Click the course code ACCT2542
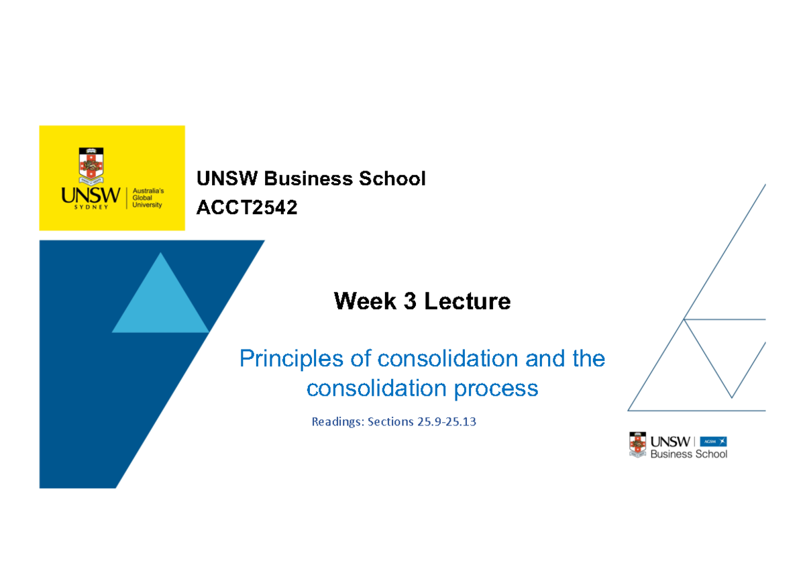246,209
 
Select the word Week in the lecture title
365,301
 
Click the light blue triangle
160,302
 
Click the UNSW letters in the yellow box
90,196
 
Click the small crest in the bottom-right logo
638,445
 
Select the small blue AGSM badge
713,442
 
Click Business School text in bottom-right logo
689,454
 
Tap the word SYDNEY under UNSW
90,209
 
